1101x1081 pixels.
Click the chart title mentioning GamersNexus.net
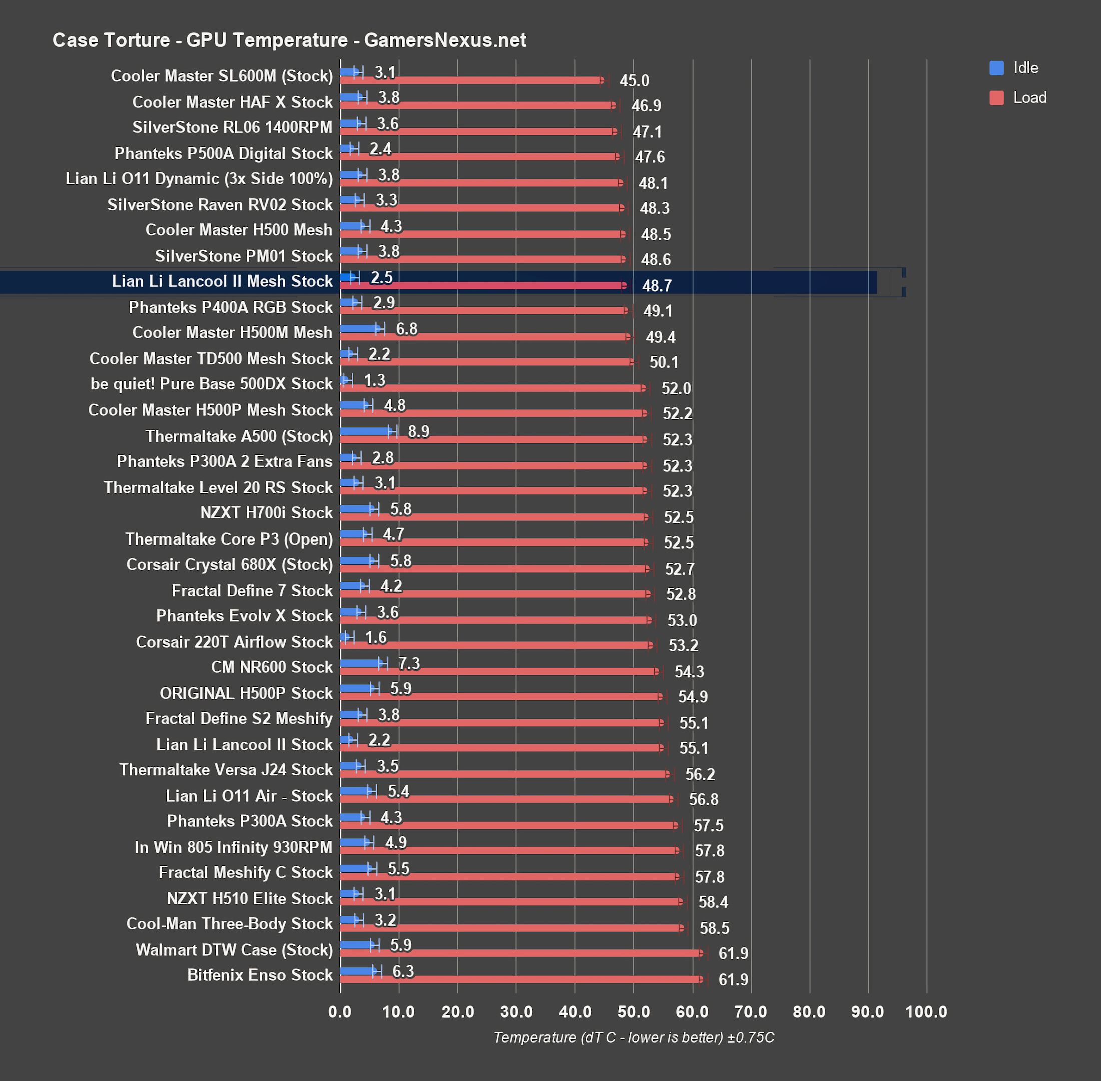pyautogui.click(x=289, y=40)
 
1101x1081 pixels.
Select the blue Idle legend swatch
pyautogui.click(x=996, y=68)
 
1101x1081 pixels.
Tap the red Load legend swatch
pyautogui.click(x=996, y=98)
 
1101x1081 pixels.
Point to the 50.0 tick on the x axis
pyautogui.click(x=633, y=1012)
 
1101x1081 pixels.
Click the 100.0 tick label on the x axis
pyautogui.click(x=926, y=1012)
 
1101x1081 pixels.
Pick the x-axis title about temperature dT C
pyautogui.click(x=633, y=1038)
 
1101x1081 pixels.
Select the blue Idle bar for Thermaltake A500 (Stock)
pyautogui.click(x=366, y=431)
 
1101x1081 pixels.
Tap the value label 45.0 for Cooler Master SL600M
pyautogui.click(x=634, y=81)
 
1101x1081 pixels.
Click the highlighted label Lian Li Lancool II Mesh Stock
pyautogui.click(x=222, y=281)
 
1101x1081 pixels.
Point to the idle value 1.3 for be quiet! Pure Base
pyautogui.click(x=375, y=380)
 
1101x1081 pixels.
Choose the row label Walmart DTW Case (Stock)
pyautogui.click(x=234, y=950)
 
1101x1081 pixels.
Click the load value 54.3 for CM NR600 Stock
pyautogui.click(x=689, y=672)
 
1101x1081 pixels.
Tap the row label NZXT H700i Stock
pyautogui.click(x=266, y=512)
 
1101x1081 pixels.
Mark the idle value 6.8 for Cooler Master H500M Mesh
pyautogui.click(x=406, y=329)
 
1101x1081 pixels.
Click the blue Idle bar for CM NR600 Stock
pyautogui.click(x=362, y=663)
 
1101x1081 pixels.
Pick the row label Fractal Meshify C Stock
pyautogui.click(x=245, y=872)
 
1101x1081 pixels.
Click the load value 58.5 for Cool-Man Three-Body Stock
pyautogui.click(x=714, y=928)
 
